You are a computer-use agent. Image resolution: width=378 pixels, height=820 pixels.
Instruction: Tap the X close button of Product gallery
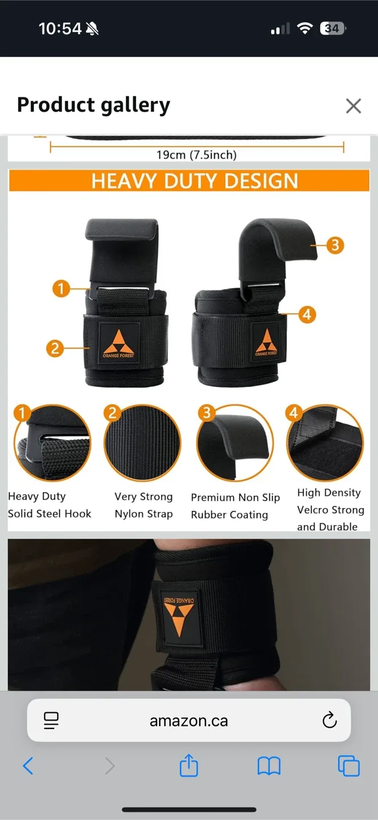(x=354, y=106)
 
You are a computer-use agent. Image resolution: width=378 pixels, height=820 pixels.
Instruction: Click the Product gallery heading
(x=93, y=105)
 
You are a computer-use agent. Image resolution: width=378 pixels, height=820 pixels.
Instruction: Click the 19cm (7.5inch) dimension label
(x=196, y=155)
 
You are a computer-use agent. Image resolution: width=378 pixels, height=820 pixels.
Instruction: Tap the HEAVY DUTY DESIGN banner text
(x=195, y=181)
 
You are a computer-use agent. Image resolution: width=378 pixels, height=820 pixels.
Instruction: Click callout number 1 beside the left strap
(x=61, y=289)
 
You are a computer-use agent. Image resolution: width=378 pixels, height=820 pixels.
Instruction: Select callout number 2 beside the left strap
(x=55, y=348)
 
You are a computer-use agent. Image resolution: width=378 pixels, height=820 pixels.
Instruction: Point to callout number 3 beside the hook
(x=335, y=245)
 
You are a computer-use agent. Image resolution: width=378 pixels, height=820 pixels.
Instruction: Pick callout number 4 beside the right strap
(x=307, y=314)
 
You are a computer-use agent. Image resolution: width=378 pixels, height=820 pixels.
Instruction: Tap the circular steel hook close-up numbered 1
(x=52, y=444)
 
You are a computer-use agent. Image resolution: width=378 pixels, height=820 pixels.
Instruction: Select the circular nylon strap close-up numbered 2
(x=142, y=444)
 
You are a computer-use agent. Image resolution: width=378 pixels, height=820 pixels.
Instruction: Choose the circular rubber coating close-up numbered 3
(x=235, y=444)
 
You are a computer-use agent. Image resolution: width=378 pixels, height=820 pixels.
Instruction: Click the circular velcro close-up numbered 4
(x=325, y=444)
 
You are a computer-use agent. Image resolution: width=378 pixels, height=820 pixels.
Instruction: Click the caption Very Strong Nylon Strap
(x=143, y=505)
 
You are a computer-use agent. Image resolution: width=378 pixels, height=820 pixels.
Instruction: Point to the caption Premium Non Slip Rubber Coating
(x=235, y=506)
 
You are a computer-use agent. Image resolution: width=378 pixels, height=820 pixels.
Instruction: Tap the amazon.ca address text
(x=188, y=721)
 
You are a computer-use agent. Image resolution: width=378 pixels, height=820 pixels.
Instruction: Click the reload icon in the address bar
(x=330, y=721)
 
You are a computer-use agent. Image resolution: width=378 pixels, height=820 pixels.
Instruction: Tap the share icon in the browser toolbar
(x=189, y=766)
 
